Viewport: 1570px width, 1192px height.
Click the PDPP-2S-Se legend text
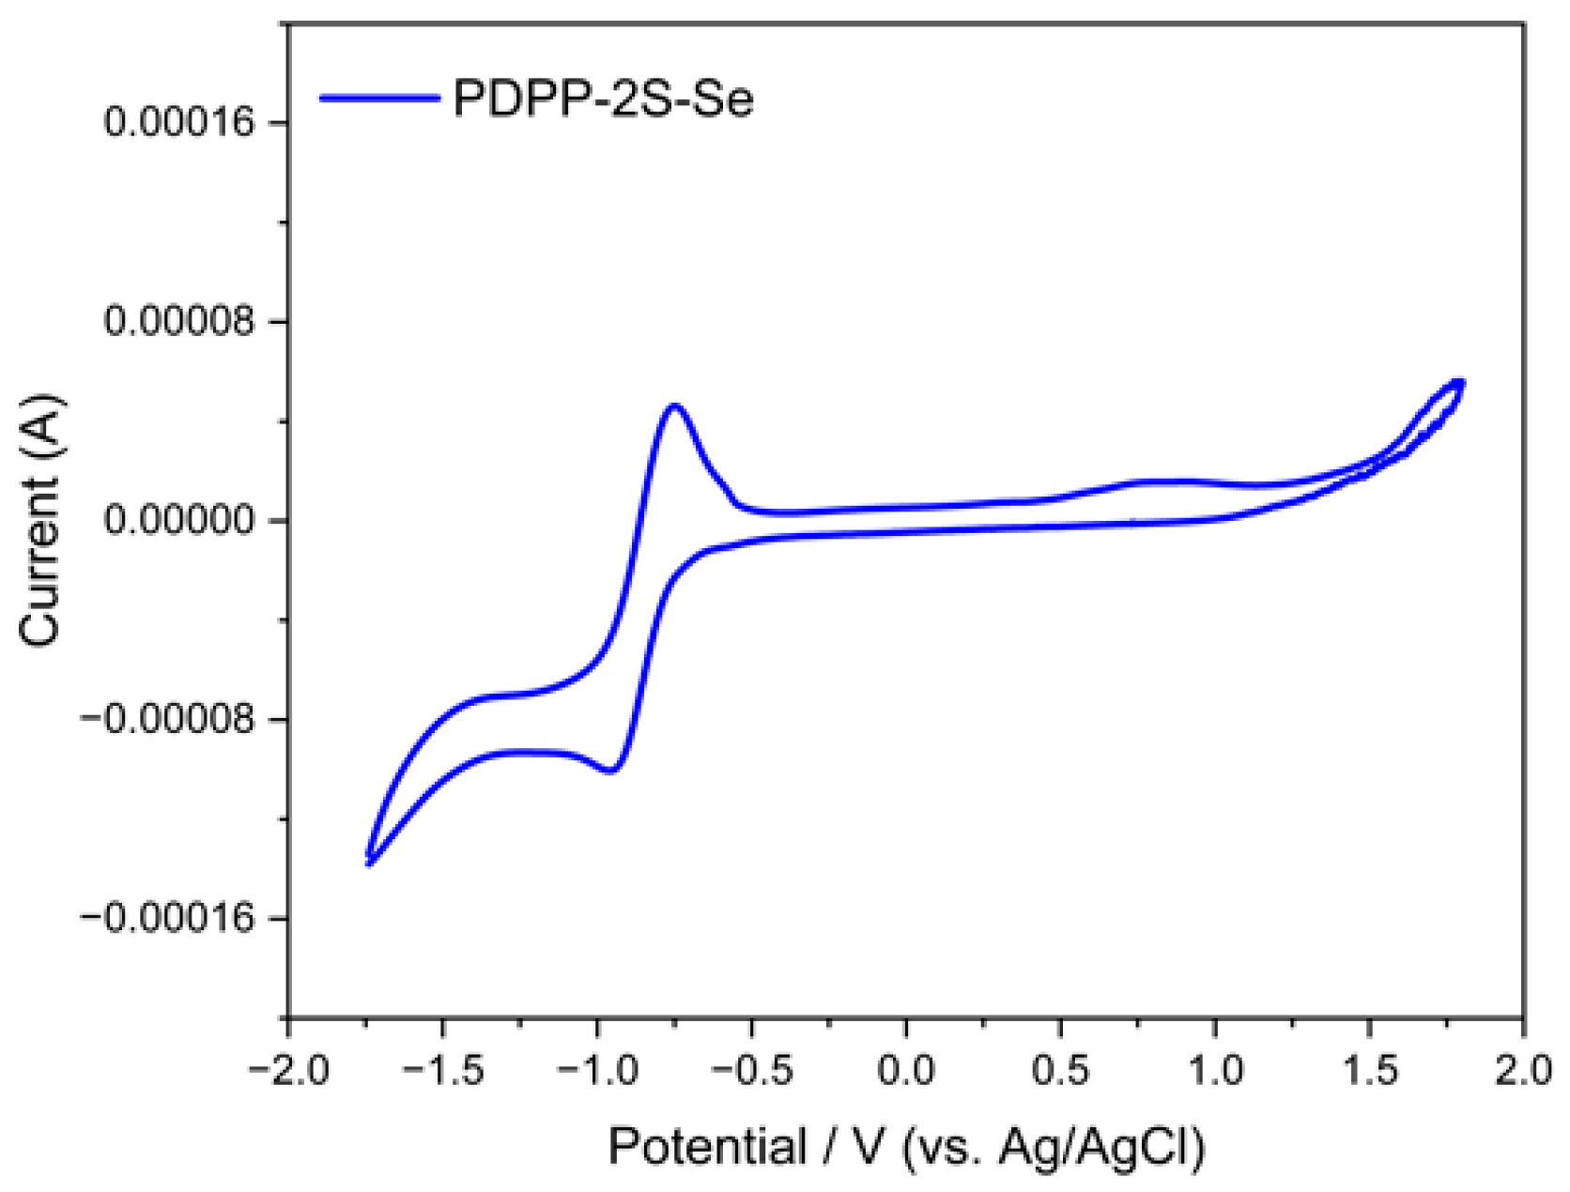[x=603, y=98]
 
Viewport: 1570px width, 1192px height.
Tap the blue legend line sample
[x=379, y=98]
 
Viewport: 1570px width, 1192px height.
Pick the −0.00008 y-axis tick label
[x=168, y=719]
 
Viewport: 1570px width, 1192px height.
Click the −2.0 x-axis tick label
[x=287, y=1070]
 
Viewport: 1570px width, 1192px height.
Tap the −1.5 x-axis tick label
[x=442, y=1070]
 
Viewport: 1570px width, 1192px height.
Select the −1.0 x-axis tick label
[x=597, y=1070]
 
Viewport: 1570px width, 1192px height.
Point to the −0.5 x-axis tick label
[x=751, y=1070]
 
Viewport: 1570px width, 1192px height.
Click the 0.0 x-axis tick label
[x=906, y=1070]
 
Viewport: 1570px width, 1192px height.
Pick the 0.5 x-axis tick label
[x=1061, y=1070]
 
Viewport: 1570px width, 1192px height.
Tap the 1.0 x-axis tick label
[x=1216, y=1070]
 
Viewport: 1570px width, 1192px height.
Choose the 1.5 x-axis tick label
[x=1370, y=1070]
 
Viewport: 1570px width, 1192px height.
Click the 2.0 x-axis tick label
[x=1523, y=1070]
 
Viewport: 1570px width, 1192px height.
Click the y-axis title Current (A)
[x=39, y=520]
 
